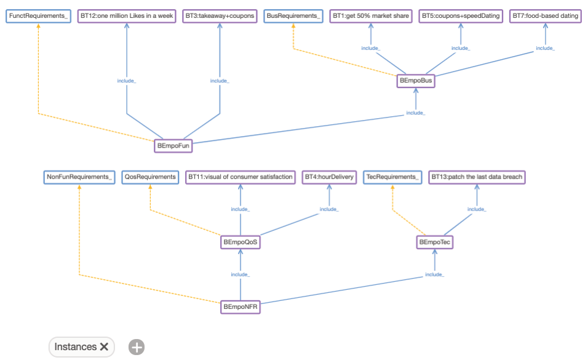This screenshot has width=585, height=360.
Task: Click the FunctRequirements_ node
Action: point(39,16)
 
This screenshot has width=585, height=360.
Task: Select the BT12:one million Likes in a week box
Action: point(127,16)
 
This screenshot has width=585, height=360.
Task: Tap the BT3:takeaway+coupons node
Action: point(220,16)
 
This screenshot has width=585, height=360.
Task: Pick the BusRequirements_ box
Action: point(293,16)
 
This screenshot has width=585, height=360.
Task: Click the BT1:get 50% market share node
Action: point(371,16)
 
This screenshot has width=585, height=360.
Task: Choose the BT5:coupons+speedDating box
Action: point(461,16)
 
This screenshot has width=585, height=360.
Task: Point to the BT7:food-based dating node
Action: point(545,16)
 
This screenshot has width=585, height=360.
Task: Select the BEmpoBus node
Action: point(416,81)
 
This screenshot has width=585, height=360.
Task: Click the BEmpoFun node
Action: point(173,146)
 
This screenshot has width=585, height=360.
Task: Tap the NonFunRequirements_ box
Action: point(79,177)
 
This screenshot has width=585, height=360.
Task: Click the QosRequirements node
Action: point(150,177)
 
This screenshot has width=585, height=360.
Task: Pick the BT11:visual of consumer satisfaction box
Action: point(241,177)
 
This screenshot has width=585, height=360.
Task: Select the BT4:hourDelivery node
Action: point(329,177)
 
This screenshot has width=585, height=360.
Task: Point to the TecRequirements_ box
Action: point(392,177)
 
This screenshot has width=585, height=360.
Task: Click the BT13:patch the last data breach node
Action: point(477,177)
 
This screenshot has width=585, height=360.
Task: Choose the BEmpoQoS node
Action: point(240,243)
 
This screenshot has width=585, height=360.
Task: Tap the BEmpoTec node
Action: point(435,243)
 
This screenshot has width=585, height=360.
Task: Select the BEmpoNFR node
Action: point(240,306)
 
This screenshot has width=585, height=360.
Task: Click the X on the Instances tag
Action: point(104,347)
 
